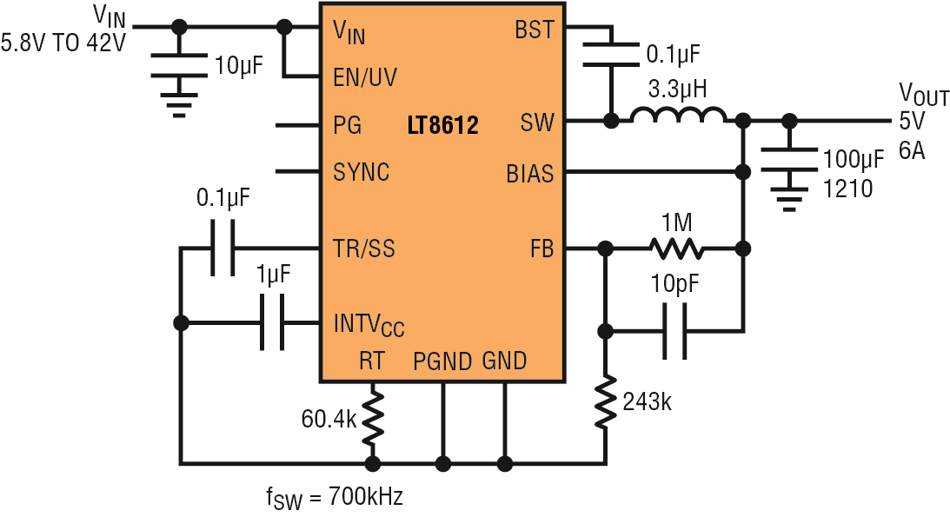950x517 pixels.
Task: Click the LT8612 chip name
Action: click(443, 125)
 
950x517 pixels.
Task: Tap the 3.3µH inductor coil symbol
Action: click(677, 115)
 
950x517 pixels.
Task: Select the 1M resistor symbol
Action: click(676, 248)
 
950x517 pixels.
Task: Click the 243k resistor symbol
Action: click(605, 401)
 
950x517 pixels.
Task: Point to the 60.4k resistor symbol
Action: click(373, 417)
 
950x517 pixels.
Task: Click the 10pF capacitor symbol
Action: click(675, 330)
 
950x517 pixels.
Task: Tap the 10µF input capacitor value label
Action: click(239, 65)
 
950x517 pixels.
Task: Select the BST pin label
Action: click(535, 30)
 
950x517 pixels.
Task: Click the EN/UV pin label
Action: click(365, 77)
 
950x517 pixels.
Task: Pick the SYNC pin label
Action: click(361, 173)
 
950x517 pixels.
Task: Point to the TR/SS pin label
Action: click(364, 249)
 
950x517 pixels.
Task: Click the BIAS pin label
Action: click(530, 174)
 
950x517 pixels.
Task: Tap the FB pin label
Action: click(541, 249)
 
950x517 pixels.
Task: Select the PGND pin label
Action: click(442, 361)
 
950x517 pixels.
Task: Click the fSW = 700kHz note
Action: click(334, 498)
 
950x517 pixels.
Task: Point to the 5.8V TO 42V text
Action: click(63, 43)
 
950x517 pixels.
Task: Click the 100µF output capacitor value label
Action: click(853, 159)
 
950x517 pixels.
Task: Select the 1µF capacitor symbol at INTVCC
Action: click(272, 322)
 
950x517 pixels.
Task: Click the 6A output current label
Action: click(912, 150)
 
